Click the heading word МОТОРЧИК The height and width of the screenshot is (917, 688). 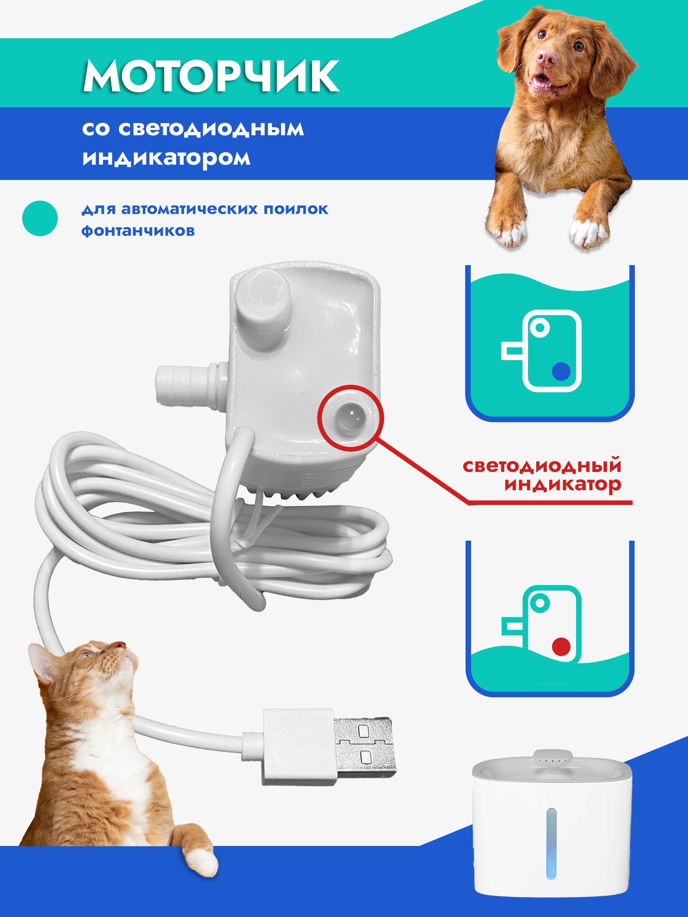click(211, 77)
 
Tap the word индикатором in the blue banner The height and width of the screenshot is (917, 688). click(166, 158)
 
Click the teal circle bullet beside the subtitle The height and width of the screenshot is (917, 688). click(40, 218)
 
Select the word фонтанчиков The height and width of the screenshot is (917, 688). click(138, 230)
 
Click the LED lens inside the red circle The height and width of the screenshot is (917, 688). click(350, 418)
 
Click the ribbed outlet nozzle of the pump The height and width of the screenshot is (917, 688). click(183, 384)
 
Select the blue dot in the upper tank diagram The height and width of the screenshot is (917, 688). click(561, 371)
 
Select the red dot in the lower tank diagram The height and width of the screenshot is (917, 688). click(561, 647)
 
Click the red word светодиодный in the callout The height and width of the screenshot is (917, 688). click(542, 466)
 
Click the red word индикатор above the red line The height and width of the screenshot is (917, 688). click(563, 484)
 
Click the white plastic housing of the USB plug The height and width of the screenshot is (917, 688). click(298, 747)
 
